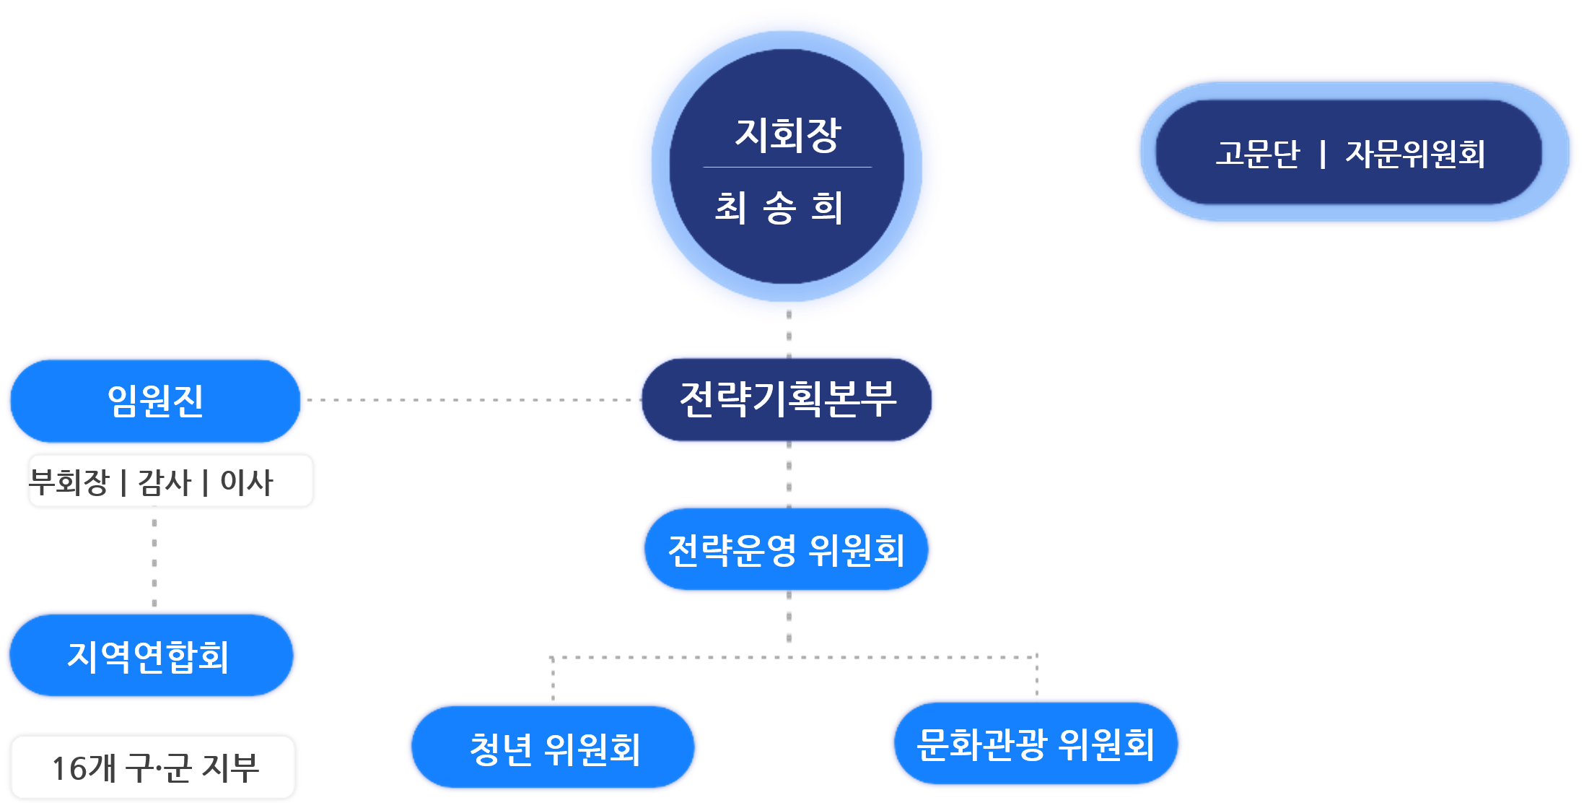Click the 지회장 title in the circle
(787, 135)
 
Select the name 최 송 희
(779, 208)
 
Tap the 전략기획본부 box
(787, 399)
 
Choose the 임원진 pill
(155, 401)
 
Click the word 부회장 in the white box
(69, 482)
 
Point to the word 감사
(165, 482)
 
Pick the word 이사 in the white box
(246, 482)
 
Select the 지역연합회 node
(149, 656)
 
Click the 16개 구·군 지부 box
(154, 767)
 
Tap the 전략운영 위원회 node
(787, 549)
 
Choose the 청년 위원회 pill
(554, 747)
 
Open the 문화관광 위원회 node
(1036, 744)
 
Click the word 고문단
(1257, 154)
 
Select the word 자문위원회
(1415, 154)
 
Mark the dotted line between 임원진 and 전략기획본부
(469, 399)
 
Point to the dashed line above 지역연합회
(154, 561)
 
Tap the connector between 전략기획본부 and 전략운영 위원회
(789, 474)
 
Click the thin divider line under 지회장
(787, 168)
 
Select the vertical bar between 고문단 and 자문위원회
(1322, 154)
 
